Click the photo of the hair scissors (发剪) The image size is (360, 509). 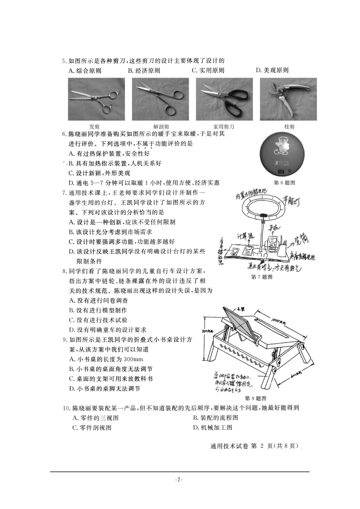(96, 99)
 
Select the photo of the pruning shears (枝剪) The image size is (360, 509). (289, 99)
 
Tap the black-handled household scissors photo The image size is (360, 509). (224, 99)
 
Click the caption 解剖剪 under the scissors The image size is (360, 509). (161, 127)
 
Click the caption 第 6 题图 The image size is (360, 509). (284, 183)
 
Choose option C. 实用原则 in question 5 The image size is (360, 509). (208, 70)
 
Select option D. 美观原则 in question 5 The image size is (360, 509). (272, 70)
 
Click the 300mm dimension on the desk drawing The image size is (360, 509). (207, 330)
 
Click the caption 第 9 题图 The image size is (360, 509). (256, 398)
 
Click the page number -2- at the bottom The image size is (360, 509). (179, 479)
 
